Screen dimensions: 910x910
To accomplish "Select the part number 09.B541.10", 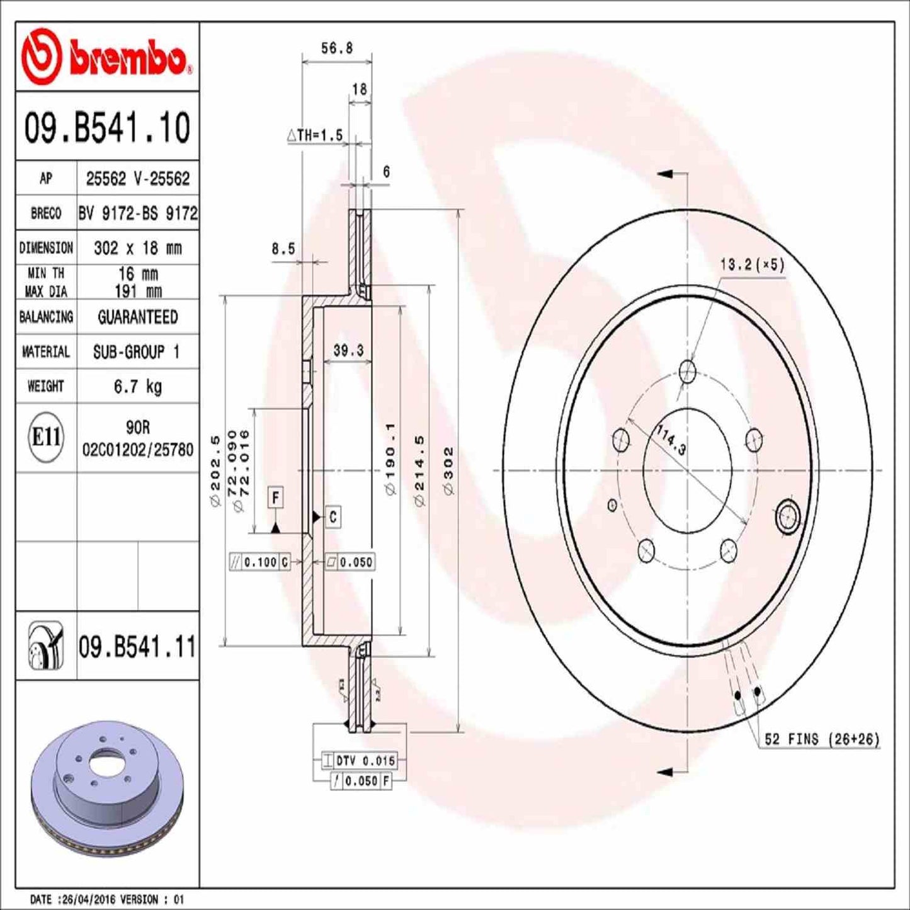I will [107, 128].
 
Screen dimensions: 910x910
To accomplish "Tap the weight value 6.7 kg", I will [137, 386].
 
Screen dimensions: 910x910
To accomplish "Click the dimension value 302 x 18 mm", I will [137, 247].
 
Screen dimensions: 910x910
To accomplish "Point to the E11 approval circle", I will [46, 436].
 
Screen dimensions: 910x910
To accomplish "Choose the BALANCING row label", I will [46, 317].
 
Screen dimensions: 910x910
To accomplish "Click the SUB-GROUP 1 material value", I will [137, 351].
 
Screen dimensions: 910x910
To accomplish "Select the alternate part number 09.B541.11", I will [137, 647].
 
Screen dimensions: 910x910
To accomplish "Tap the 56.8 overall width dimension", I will [337, 48].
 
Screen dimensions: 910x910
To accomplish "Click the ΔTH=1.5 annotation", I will [315, 135].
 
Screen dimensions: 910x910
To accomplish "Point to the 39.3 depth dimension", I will [348, 350].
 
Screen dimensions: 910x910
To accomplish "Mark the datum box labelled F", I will [275, 498].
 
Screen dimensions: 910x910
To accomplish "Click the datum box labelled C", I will [333, 517].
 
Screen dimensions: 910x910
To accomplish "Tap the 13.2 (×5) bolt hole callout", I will [752, 264].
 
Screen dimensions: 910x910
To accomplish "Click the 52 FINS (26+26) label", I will [821, 739].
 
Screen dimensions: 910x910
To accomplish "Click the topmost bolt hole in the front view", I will [688, 371].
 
